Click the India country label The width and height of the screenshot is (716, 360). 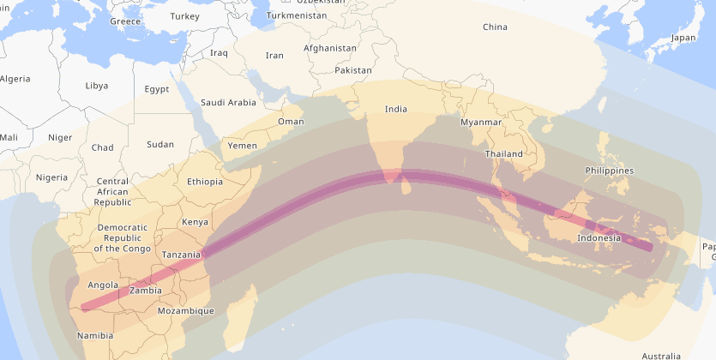pos(396,109)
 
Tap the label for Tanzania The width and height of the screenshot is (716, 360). pos(182,255)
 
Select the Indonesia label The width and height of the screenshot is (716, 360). pos(599,237)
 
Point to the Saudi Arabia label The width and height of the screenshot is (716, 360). pos(228,103)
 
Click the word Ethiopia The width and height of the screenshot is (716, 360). pos(205,182)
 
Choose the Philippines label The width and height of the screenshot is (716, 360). pos(610,171)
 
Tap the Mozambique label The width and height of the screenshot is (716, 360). pos(186,311)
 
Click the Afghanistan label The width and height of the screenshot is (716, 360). pos(330,48)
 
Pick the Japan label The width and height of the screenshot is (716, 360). pos(683,38)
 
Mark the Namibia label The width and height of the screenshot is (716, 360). pos(94,335)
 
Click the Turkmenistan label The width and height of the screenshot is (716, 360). pos(297,15)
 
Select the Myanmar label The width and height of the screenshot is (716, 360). pos(481,123)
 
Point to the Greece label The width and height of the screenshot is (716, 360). pos(125,21)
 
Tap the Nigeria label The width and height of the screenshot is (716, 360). pos(51,177)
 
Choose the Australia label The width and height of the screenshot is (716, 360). pos(661,355)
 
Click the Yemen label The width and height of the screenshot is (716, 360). pos(242,146)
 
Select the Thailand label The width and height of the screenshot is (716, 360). pos(503,154)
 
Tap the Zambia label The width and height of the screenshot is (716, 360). pos(145,291)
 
